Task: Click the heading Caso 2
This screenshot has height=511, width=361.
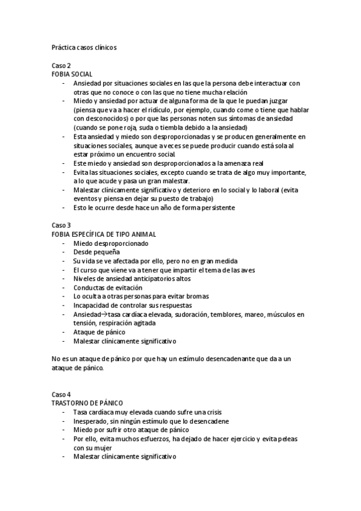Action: pyautogui.click(x=61, y=65)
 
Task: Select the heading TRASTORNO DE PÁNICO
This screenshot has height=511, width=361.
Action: pyautogui.click(x=92, y=403)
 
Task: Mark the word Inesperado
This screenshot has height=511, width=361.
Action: pyautogui.click(x=92, y=421)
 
